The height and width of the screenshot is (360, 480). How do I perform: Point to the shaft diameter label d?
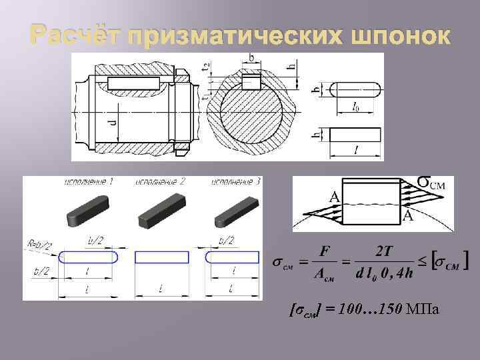113,123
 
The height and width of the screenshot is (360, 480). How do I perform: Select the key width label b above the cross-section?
251,59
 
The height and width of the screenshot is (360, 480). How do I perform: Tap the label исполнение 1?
89,182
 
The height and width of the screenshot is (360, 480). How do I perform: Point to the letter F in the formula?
325,251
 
